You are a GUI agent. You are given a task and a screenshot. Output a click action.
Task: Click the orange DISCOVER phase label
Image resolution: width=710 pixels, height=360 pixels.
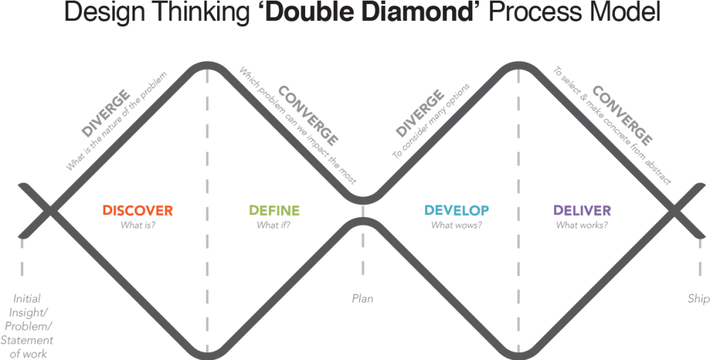point(138,211)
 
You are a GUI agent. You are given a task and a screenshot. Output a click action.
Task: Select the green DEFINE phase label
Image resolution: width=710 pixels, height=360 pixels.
point(275,211)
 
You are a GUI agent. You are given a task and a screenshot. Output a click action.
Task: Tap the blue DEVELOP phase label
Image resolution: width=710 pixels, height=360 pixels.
point(456,211)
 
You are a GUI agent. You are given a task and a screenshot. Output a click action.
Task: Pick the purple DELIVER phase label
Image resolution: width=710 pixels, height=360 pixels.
point(582,211)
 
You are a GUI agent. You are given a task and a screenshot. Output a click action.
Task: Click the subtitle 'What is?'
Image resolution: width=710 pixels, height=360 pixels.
point(138,225)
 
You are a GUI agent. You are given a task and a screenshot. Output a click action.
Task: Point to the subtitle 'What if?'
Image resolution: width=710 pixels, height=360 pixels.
point(274,225)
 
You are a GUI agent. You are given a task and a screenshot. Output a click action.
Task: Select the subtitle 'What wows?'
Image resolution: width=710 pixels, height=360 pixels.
point(456,225)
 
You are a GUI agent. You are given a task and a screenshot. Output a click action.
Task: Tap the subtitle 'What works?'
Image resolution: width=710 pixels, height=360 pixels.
point(582,225)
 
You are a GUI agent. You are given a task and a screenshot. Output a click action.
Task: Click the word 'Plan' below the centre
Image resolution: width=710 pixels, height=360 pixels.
point(363,299)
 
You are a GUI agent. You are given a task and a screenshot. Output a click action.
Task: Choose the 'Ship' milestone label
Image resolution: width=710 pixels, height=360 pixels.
point(698,299)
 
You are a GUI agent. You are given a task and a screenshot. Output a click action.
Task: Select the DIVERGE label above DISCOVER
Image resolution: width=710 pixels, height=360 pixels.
point(105,113)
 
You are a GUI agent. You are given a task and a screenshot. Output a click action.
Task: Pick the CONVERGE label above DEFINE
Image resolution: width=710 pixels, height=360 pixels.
point(308,116)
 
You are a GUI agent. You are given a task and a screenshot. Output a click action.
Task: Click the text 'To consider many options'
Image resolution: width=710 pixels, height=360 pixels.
point(431,121)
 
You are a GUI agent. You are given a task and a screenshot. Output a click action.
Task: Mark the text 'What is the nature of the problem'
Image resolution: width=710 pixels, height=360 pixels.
point(116,121)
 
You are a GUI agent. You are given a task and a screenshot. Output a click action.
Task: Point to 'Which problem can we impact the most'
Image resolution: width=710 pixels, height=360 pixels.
point(297,126)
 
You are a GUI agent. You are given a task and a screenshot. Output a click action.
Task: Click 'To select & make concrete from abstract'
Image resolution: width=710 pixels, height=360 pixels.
point(612,126)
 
